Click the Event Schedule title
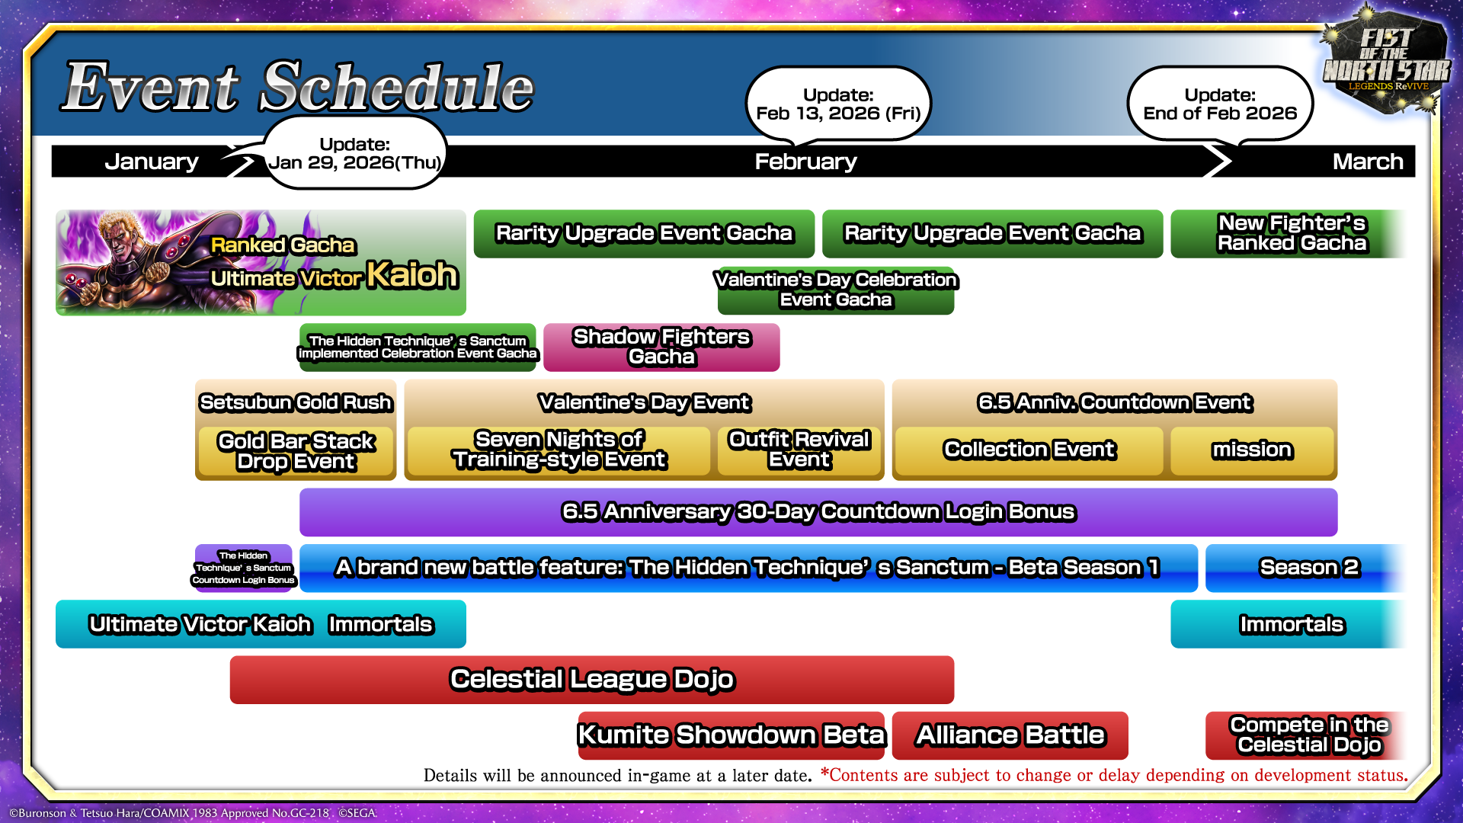[x=298, y=88]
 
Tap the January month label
[x=151, y=162]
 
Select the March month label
[x=1367, y=162]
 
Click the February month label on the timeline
[x=805, y=162]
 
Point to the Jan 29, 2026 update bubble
[x=354, y=153]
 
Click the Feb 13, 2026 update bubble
[x=838, y=104]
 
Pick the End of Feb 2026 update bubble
[x=1219, y=104]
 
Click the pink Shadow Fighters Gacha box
[x=661, y=347]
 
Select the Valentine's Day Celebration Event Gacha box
[x=836, y=290]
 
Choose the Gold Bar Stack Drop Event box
[x=296, y=452]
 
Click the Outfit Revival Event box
[x=799, y=450]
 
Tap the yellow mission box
[x=1252, y=450]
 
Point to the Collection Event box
[x=1029, y=450]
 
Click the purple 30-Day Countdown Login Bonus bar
[x=818, y=512]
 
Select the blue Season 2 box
[x=1308, y=568]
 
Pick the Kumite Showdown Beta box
[x=731, y=735]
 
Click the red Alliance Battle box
[x=1010, y=735]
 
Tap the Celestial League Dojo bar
[x=591, y=680]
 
